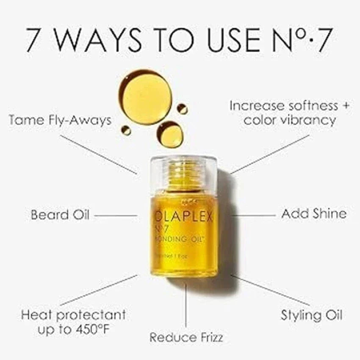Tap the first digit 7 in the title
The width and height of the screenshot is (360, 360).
click(x=36, y=40)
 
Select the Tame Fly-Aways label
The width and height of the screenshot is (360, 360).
click(x=60, y=120)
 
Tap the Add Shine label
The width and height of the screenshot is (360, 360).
click(x=313, y=214)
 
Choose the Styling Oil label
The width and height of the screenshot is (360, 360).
click(x=311, y=315)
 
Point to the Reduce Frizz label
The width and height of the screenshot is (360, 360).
click(x=186, y=337)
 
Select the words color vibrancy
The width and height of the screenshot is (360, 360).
click(x=289, y=120)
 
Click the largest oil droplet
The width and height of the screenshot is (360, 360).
click(x=145, y=97)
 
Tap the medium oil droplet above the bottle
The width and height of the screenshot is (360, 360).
click(x=170, y=134)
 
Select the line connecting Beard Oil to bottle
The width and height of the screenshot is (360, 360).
click(x=115, y=216)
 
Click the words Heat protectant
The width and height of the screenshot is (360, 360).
click(x=73, y=315)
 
